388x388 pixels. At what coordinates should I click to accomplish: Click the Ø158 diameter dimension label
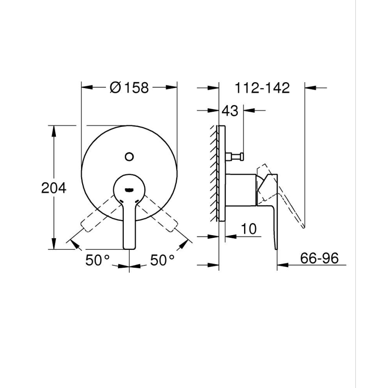[x=129, y=88]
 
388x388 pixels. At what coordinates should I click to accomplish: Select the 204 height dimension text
[x=54, y=188]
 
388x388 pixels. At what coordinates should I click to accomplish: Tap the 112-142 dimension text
[x=262, y=88]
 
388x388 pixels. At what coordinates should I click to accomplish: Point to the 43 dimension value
[x=230, y=110]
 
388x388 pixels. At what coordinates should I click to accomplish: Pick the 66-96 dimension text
[x=319, y=258]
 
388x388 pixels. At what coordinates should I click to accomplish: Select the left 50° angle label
[x=98, y=260]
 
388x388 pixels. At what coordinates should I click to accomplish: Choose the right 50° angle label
[x=162, y=260]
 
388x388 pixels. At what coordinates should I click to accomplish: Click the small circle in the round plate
[x=129, y=156]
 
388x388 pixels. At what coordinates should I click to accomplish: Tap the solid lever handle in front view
[x=129, y=224]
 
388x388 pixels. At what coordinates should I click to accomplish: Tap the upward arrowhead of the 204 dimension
[x=54, y=130]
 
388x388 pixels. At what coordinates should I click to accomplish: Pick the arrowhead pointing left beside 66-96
[x=283, y=265]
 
